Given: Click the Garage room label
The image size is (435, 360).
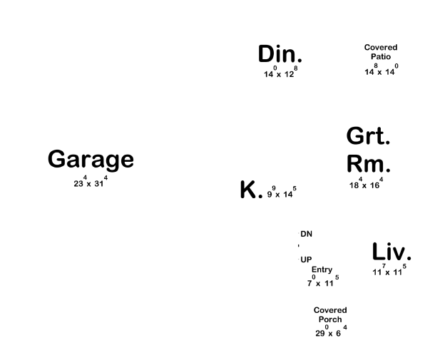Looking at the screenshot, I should point(91,159).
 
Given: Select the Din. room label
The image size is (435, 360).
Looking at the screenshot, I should point(280,53).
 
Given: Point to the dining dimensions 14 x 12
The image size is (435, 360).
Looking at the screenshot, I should point(280,73).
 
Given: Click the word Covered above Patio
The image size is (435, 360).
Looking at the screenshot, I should point(381,48).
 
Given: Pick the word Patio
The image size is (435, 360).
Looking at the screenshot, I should point(381,56).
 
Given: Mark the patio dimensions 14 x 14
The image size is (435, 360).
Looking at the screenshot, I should point(381,71).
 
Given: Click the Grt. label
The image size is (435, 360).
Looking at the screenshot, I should point(368,135).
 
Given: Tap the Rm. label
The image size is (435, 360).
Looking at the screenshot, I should point(368,164).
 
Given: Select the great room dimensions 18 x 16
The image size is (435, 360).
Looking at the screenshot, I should point(366,184).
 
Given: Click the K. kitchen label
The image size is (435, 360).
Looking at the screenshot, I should point(251,190).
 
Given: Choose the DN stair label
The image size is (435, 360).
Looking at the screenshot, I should point(306,234).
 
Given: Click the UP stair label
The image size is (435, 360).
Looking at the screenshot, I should point(306,259).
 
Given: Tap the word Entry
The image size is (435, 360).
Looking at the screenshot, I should point(322,269).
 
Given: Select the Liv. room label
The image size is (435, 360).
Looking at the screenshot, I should point(391,252).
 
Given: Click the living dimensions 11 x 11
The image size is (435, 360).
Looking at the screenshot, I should point(389,271).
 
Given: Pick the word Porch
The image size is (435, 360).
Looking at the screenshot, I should point(330,319).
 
